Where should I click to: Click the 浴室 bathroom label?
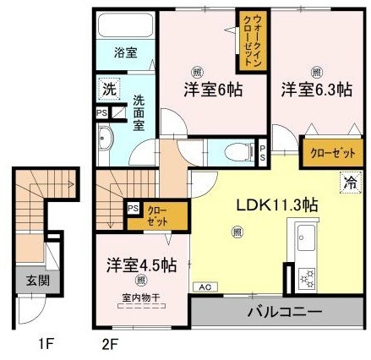(125, 52)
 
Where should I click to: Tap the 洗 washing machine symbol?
(110, 88)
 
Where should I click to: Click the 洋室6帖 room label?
(214, 90)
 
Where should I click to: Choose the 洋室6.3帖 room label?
(316, 90)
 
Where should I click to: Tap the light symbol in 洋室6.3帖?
(316, 72)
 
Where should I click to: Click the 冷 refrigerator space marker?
(348, 180)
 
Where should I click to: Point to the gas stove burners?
(304, 276)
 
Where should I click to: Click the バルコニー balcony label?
(284, 313)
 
